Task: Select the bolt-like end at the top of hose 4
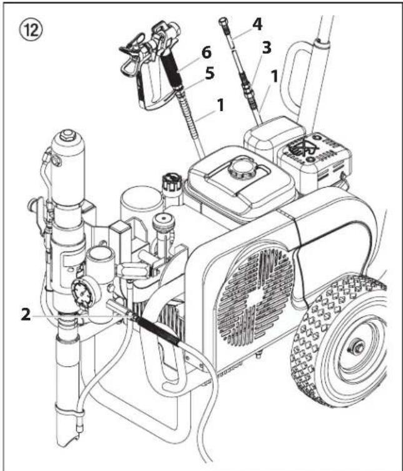tap(223, 26)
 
